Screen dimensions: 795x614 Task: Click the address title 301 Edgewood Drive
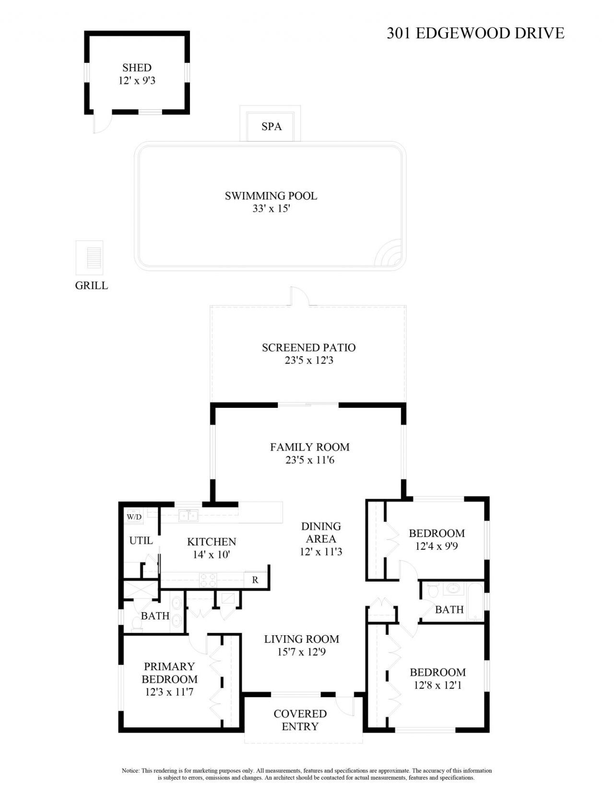[x=475, y=33]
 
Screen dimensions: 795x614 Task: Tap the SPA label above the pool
[x=271, y=127]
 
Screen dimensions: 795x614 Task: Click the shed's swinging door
[x=101, y=122]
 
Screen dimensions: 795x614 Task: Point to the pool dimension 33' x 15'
[x=271, y=209]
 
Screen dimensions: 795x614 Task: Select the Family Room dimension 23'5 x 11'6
[x=309, y=460]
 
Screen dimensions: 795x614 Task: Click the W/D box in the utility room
[x=134, y=517]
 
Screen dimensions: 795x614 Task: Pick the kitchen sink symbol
[x=189, y=516]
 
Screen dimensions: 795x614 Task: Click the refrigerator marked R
[x=255, y=580]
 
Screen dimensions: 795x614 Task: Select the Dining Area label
[x=321, y=533]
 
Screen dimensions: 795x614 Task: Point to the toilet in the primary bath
[x=136, y=624]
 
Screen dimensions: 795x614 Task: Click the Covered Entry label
[x=300, y=720]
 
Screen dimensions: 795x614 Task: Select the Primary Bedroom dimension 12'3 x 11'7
[x=169, y=692]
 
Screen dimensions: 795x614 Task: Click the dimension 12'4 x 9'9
[x=437, y=546]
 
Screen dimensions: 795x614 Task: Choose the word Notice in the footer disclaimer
[x=130, y=771]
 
